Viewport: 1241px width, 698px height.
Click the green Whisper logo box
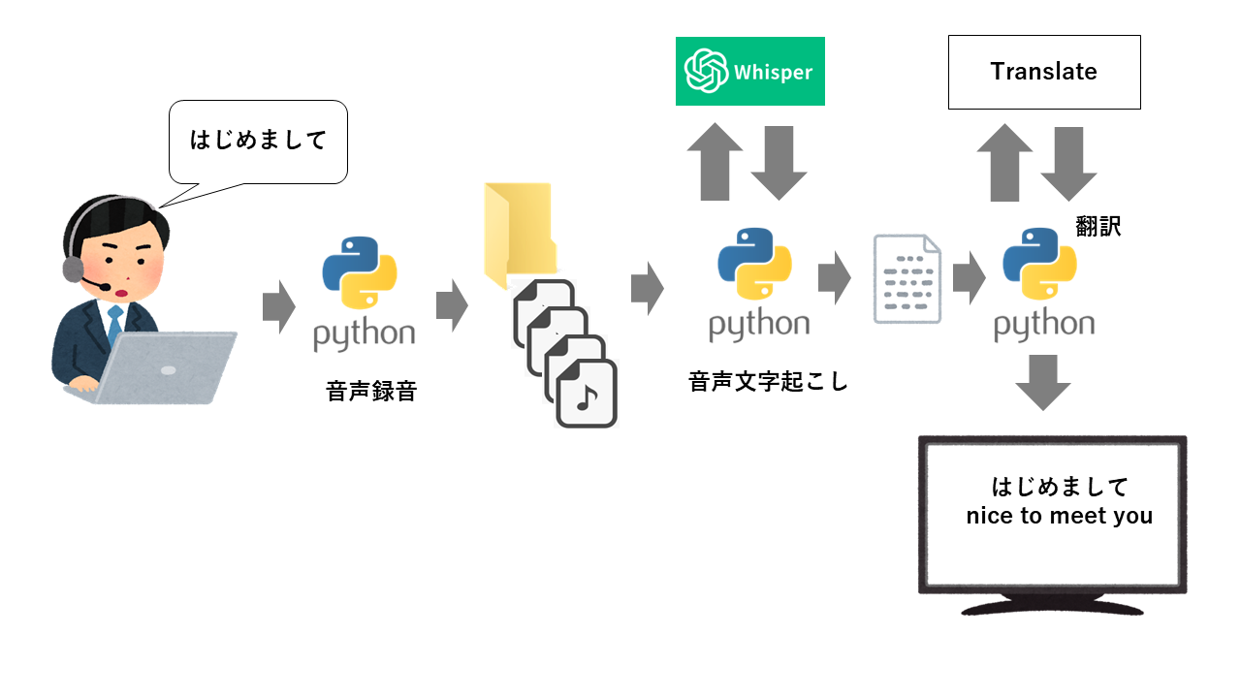[x=749, y=71]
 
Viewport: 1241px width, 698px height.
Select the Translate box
[x=1043, y=72]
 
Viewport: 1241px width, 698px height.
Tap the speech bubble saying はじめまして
[x=258, y=142]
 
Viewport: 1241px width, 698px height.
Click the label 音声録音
[x=371, y=392]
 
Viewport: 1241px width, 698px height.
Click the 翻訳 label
[x=1098, y=227]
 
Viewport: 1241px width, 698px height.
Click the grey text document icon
[x=907, y=278]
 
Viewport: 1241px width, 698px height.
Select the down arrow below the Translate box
[x=1068, y=163]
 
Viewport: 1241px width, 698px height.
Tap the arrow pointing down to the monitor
[x=1043, y=381]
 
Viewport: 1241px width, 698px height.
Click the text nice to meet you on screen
[x=1059, y=517]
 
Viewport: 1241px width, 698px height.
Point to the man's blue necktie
[x=115, y=324]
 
